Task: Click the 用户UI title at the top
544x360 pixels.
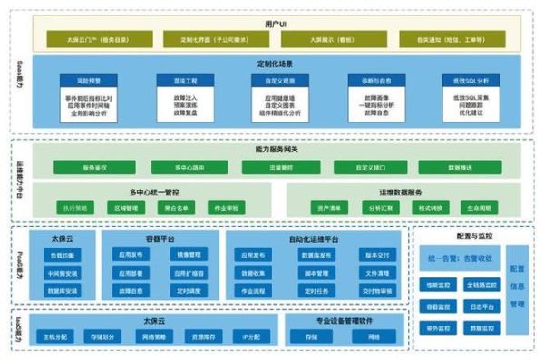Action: tap(273, 21)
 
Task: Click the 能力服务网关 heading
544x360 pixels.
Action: tap(273, 148)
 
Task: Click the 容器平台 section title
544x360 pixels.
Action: tap(161, 238)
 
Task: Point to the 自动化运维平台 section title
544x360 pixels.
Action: tap(314, 238)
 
